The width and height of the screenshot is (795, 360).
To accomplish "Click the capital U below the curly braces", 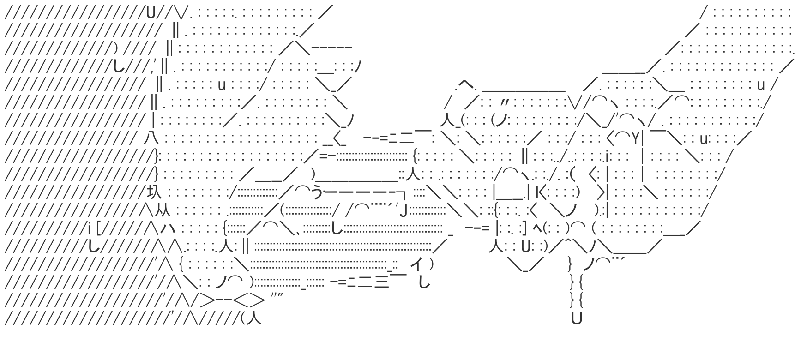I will [576, 318].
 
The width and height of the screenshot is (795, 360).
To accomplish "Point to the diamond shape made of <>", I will [249, 301].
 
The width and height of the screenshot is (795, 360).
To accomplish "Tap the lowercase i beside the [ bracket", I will [89, 228].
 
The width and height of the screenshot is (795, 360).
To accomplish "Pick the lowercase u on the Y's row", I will [704, 138].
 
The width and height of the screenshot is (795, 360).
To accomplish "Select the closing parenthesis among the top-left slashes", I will [115, 47].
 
